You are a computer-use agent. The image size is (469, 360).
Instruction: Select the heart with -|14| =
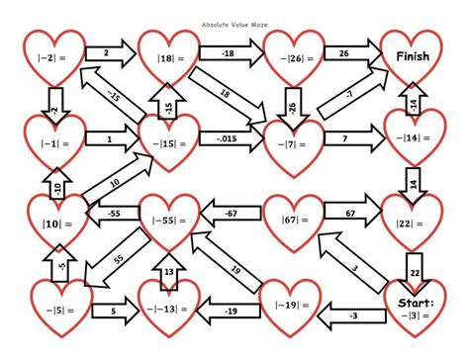[412, 139]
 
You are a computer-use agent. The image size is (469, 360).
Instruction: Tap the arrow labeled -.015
[228, 141]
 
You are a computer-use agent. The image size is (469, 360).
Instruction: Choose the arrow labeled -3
[352, 315]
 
